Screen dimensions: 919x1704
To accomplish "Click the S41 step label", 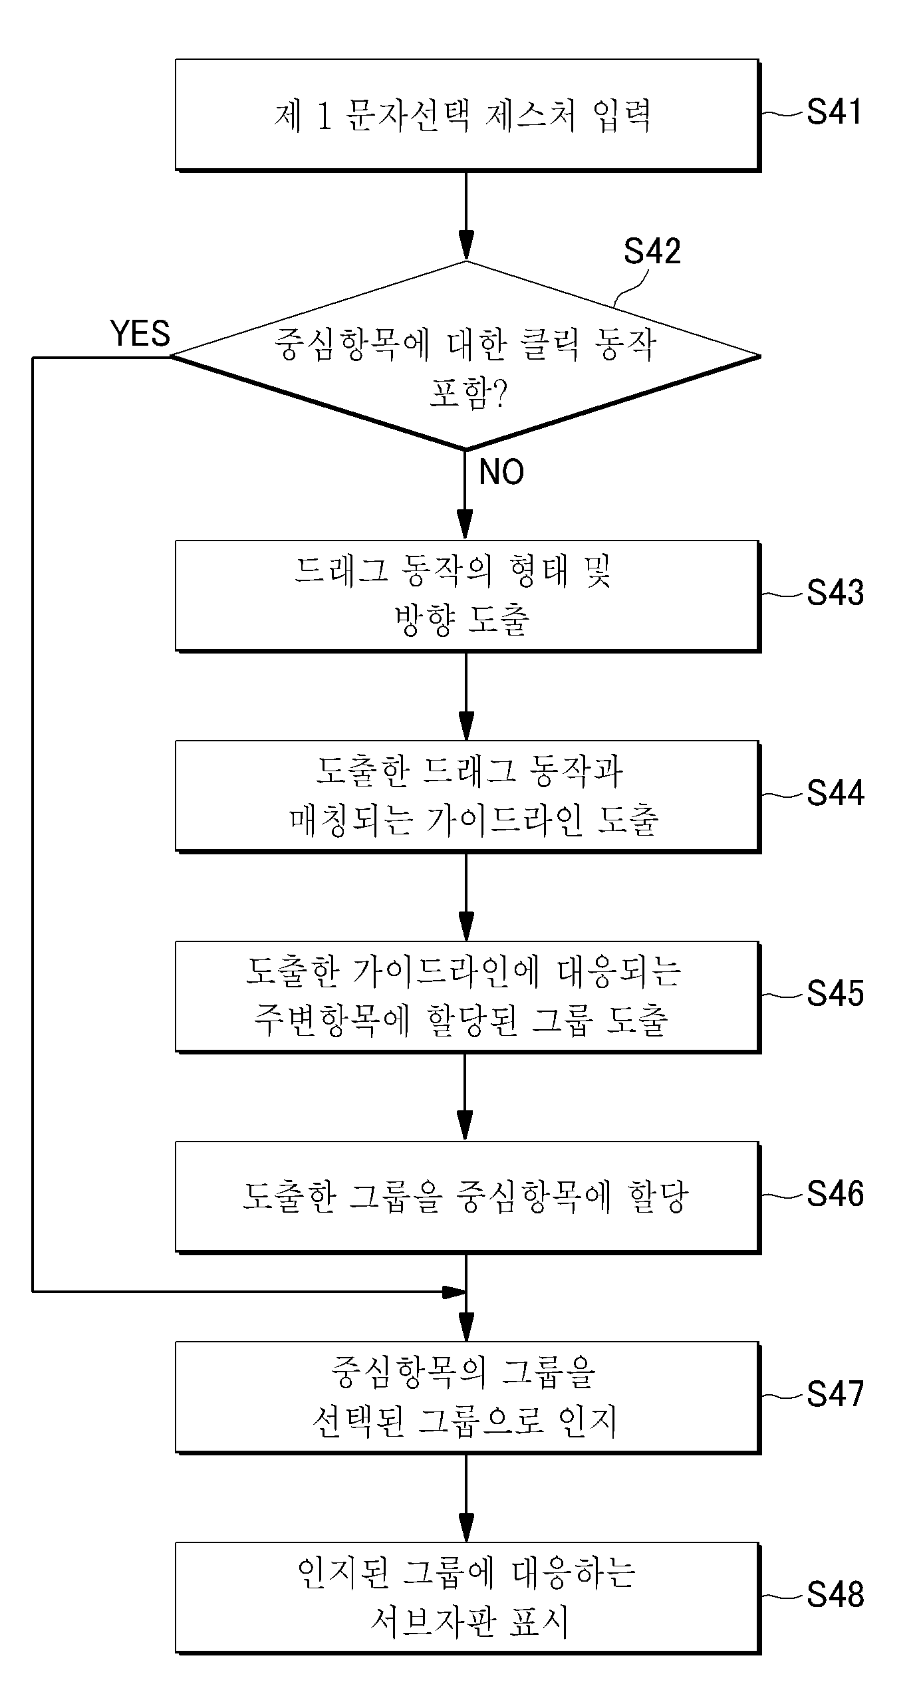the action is tap(834, 112).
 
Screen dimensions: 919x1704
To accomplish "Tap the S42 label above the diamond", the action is tap(652, 251).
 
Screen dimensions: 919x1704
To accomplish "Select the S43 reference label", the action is tap(835, 592).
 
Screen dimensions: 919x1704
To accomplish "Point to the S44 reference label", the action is tap(835, 792).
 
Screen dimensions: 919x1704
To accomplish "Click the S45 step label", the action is tap(835, 993).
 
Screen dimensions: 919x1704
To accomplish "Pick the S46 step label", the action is tap(835, 1194).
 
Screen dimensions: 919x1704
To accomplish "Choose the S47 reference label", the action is tap(835, 1394).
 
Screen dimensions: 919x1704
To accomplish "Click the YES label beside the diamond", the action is tap(140, 333).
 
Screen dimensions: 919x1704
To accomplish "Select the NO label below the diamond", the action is tap(501, 472).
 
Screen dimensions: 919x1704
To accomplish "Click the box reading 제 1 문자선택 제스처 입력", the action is tap(467, 115).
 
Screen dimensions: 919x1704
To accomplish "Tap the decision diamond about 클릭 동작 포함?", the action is tap(465, 355).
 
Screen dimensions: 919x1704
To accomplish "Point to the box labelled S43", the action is tap(467, 596).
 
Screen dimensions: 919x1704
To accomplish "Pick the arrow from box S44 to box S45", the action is tap(466, 897).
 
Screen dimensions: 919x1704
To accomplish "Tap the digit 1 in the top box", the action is tap(324, 116).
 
